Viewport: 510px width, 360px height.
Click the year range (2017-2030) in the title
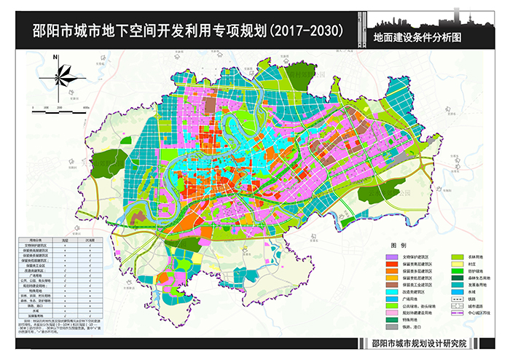[x=305, y=31]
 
